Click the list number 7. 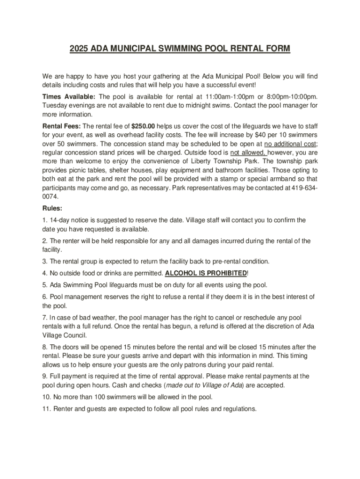coord(44,318)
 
